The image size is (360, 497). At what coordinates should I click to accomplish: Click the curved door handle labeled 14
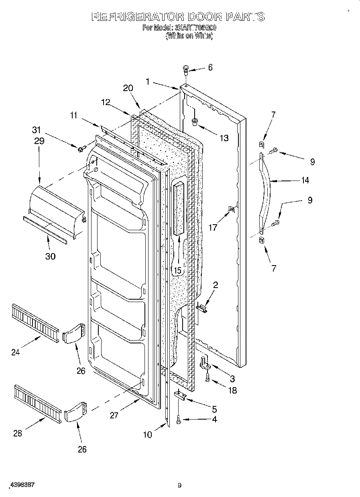pyautogui.click(x=265, y=193)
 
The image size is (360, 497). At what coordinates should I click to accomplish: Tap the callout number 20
pyautogui.click(x=128, y=88)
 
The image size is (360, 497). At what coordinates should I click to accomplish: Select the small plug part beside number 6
pyautogui.click(x=186, y=69)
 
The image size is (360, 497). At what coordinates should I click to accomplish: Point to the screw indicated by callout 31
pyautogui.click(x=80, y=149)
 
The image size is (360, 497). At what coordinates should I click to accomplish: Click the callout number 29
pyautogui.click(x=39, y=141)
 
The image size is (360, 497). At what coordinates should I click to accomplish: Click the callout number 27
pyautogui.click(x=114, y=415)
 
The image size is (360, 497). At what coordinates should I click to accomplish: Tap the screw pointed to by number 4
pyautogui.click(x=178, y=420)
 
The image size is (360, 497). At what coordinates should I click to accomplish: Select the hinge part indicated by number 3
pyautogui.click(x=205, y=363)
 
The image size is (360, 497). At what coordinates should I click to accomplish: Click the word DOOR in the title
pyautogui.click(x=205, y=17)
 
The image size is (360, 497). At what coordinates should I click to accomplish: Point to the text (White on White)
pyautogui.click(x=189, y=36)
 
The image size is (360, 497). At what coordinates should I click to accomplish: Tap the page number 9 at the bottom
pyautogui.click(x=179, y=485)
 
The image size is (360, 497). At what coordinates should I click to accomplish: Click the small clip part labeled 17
pyautogui.click(x=232, y=209)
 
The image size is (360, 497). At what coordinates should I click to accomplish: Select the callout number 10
pyautogui.click(x=148, y=434)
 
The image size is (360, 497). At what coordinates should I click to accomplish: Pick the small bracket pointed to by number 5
pyautogui.click(x=180, y=396)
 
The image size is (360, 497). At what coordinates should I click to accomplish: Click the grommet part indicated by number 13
pyautogui.click(x=195, y=121)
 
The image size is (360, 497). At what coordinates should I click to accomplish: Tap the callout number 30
pyautogui.click(x=50, y=256)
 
